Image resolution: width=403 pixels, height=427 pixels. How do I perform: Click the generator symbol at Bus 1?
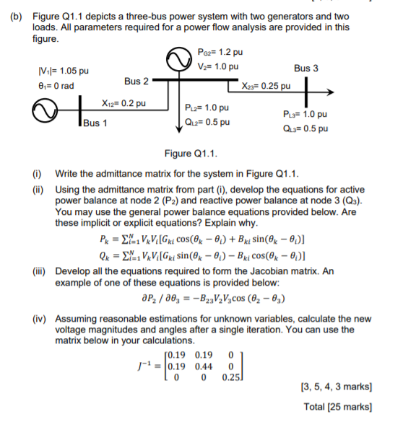click(x=43, y=113)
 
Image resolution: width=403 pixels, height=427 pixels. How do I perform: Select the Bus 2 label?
click(x=136, y=80)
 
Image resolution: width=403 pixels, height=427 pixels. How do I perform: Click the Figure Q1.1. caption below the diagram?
click(x=191, y=154)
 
